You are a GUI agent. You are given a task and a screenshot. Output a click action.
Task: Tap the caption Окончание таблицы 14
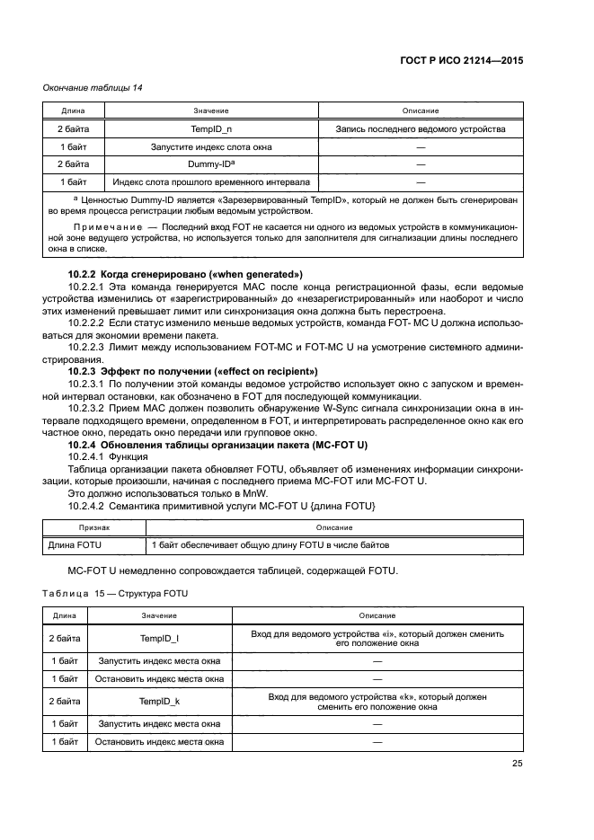(93, 87)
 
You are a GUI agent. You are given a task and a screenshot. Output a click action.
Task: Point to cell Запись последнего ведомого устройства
(420, 128)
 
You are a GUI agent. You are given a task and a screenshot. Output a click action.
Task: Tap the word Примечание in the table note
(104, 228)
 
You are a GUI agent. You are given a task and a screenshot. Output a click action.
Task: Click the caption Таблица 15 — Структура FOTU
(116, 595)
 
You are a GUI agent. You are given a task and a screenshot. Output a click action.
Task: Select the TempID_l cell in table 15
(158, 638)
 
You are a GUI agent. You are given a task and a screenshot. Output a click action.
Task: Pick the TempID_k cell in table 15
(158, 702)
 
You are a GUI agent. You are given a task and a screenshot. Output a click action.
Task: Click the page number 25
(517, 764)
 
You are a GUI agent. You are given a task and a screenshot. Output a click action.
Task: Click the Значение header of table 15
(158, 615)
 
